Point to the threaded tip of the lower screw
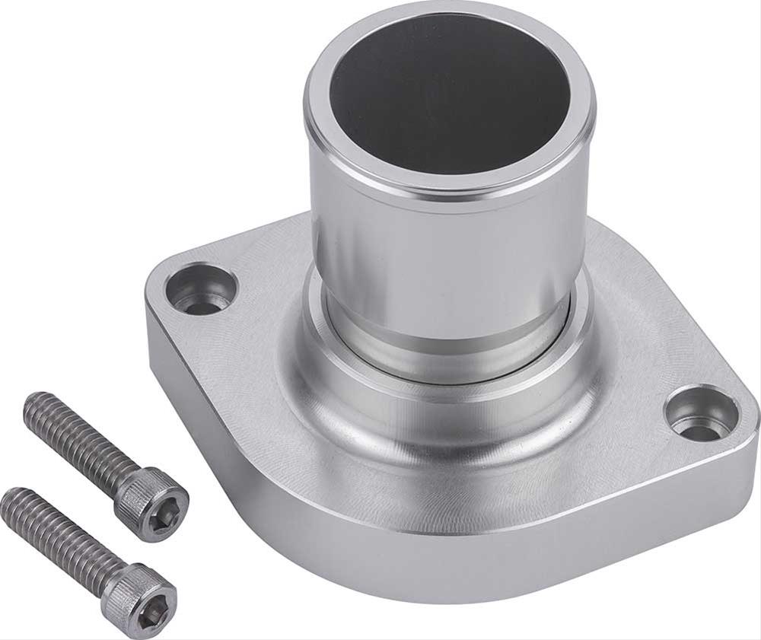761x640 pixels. [11, 498]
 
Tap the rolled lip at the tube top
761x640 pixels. [449, 180]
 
